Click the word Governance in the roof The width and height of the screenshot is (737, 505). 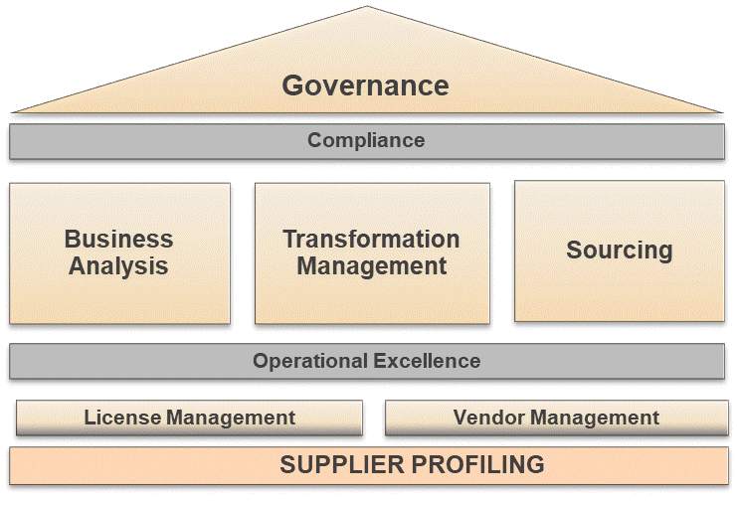[365, 85]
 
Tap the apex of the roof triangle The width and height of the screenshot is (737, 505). [367, 8]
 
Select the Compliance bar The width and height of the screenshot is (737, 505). [366, 141]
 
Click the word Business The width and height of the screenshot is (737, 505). [118, 240]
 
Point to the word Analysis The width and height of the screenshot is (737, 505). [118, 266]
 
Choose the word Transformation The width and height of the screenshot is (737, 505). [371, 240]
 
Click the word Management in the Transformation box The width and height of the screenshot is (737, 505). [371, 266]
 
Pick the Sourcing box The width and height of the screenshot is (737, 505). [619, 251]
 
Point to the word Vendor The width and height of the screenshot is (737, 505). [487, 418]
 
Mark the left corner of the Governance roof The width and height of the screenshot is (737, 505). [12, 110]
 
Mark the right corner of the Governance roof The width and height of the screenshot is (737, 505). [723, 110]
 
